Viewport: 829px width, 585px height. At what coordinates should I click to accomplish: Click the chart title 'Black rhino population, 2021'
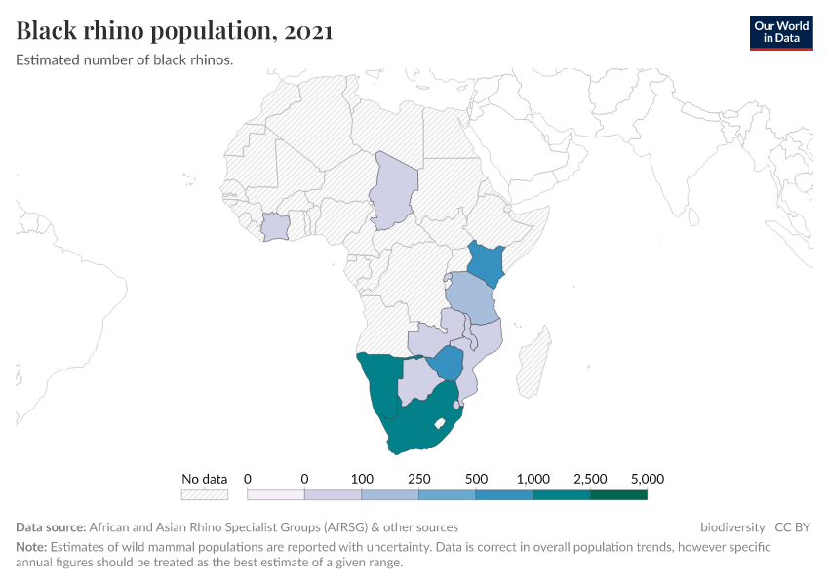pos(175,31)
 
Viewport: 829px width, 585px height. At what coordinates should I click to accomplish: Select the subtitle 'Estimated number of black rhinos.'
pos(125,60)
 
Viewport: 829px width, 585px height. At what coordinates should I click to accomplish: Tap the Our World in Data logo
pos(780,32)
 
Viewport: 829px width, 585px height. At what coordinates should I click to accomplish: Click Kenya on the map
pos(485,263)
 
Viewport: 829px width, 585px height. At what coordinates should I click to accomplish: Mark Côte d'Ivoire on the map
pos(276,227)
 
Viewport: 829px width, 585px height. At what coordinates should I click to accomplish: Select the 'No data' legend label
pos(204,479)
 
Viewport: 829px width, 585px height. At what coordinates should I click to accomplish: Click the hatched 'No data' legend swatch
pos(204,494)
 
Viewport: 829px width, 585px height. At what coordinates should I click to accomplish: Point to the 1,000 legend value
pos(533,479)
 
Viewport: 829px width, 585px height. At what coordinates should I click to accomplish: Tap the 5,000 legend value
pos(647,479)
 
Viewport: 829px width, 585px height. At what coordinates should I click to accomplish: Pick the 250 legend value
pos(418,479)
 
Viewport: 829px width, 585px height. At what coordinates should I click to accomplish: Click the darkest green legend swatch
pos(618,494)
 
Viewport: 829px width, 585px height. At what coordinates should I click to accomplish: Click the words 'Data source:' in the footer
pos(51,527)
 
